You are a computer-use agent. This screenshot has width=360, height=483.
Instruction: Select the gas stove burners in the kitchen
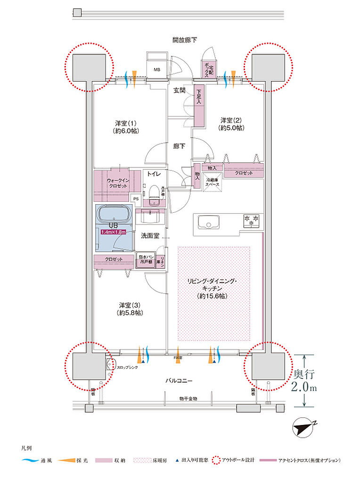click(x=251, y=219)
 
